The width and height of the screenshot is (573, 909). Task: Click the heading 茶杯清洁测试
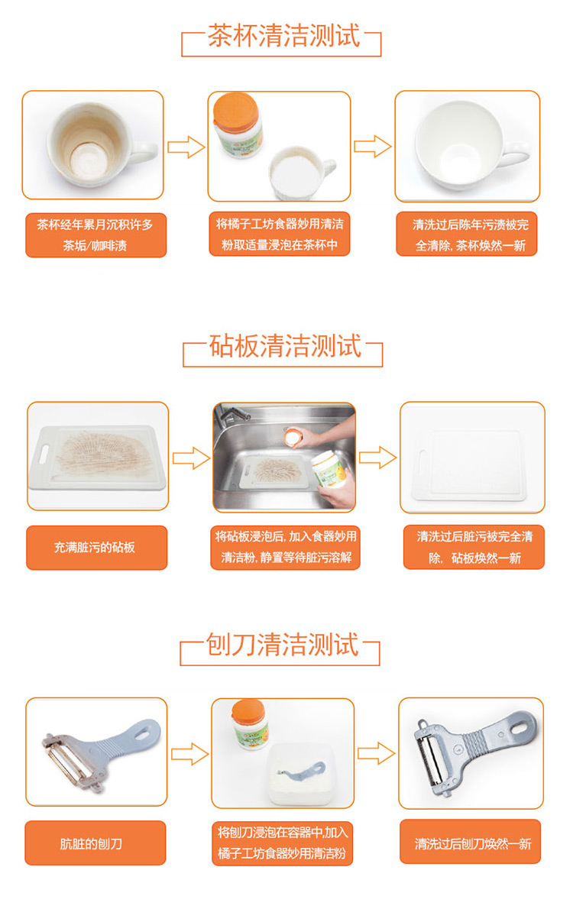(x=283, y=36)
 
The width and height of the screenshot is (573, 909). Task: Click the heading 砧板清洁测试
(x=285, y=346)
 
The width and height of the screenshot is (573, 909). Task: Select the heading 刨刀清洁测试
(x=283, y=645)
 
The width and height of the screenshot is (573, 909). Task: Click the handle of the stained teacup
(x=144, y=151)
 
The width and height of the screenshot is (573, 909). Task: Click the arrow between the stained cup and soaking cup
(x=186, y=147)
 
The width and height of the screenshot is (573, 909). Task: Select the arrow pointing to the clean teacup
(x=372, y=146)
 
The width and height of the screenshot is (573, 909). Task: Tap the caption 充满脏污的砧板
(x=95, y=547)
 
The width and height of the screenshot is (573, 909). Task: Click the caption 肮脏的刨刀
(x=91, y=843)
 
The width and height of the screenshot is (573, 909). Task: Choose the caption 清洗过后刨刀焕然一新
(x=473, y=843)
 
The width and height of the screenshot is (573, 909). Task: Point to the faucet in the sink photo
(x=232, y=413)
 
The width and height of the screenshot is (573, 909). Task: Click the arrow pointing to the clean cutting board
(x=377, y=458)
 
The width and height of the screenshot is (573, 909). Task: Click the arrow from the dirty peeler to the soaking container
(x=189, y=754)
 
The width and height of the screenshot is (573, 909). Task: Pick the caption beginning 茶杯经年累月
(x=95, y=235)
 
